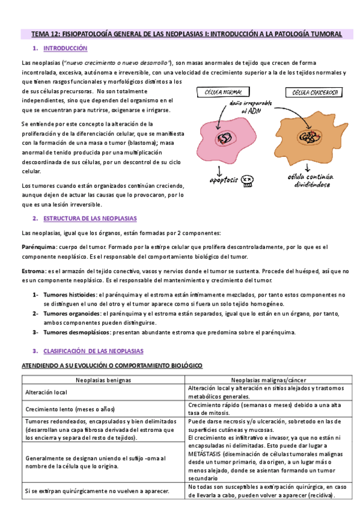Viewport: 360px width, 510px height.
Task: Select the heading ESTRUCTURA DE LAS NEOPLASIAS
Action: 90,218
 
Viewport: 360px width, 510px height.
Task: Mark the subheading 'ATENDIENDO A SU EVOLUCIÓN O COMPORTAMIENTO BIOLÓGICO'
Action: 112,366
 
